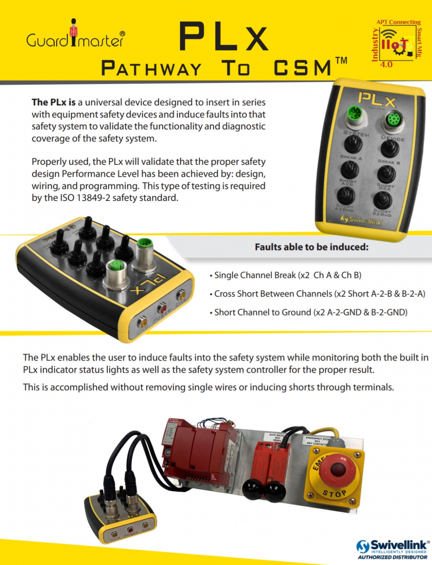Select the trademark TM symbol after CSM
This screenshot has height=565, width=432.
pos(341,61)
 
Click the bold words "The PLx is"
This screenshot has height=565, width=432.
pos(54,102)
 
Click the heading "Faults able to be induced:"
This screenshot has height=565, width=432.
pos(311,247)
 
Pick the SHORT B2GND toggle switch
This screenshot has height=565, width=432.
pos(382,200)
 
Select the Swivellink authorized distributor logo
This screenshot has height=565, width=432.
pos(393,549)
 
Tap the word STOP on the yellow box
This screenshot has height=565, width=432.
pos(334,494)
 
